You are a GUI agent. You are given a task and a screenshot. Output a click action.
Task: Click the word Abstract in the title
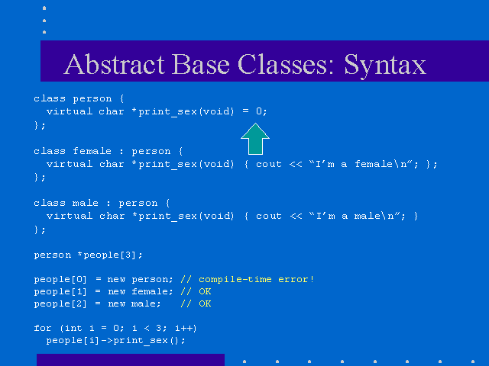pyautogui.click(x=114, y=64)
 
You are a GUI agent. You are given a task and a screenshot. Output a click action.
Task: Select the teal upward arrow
pyautogui.click(x=255, y=139)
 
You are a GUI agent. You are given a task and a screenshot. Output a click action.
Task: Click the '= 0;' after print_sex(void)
pyautogui.click(x=254, y=111)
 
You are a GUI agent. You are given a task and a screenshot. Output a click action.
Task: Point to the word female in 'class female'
pyautogui.click(x=92, y=151)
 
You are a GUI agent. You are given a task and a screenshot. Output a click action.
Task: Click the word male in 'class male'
pyautogui.click(x=86, y=203)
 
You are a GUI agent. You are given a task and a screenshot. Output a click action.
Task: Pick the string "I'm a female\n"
pyautogui.click(x=361, y=164)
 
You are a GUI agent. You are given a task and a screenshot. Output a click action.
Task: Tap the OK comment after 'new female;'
pyautogui.click(x=205, y=291)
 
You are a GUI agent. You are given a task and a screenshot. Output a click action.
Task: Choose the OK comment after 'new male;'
pyautogui.click(x=205, y=303)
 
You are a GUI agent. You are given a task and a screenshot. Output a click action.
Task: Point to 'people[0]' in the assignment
pyautogui.click(x=60, y=279)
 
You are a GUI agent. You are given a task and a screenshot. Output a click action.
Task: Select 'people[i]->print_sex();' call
pyautogui.click(x=115, y=340)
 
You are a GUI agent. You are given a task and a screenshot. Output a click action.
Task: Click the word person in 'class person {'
pyautogui.click(x=92, y=98)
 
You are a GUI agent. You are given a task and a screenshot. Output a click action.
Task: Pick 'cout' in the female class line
pyautogui.click(x=268, y=164)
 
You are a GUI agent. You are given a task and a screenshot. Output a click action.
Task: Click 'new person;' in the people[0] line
pyautogui.click(x=140, y=279)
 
